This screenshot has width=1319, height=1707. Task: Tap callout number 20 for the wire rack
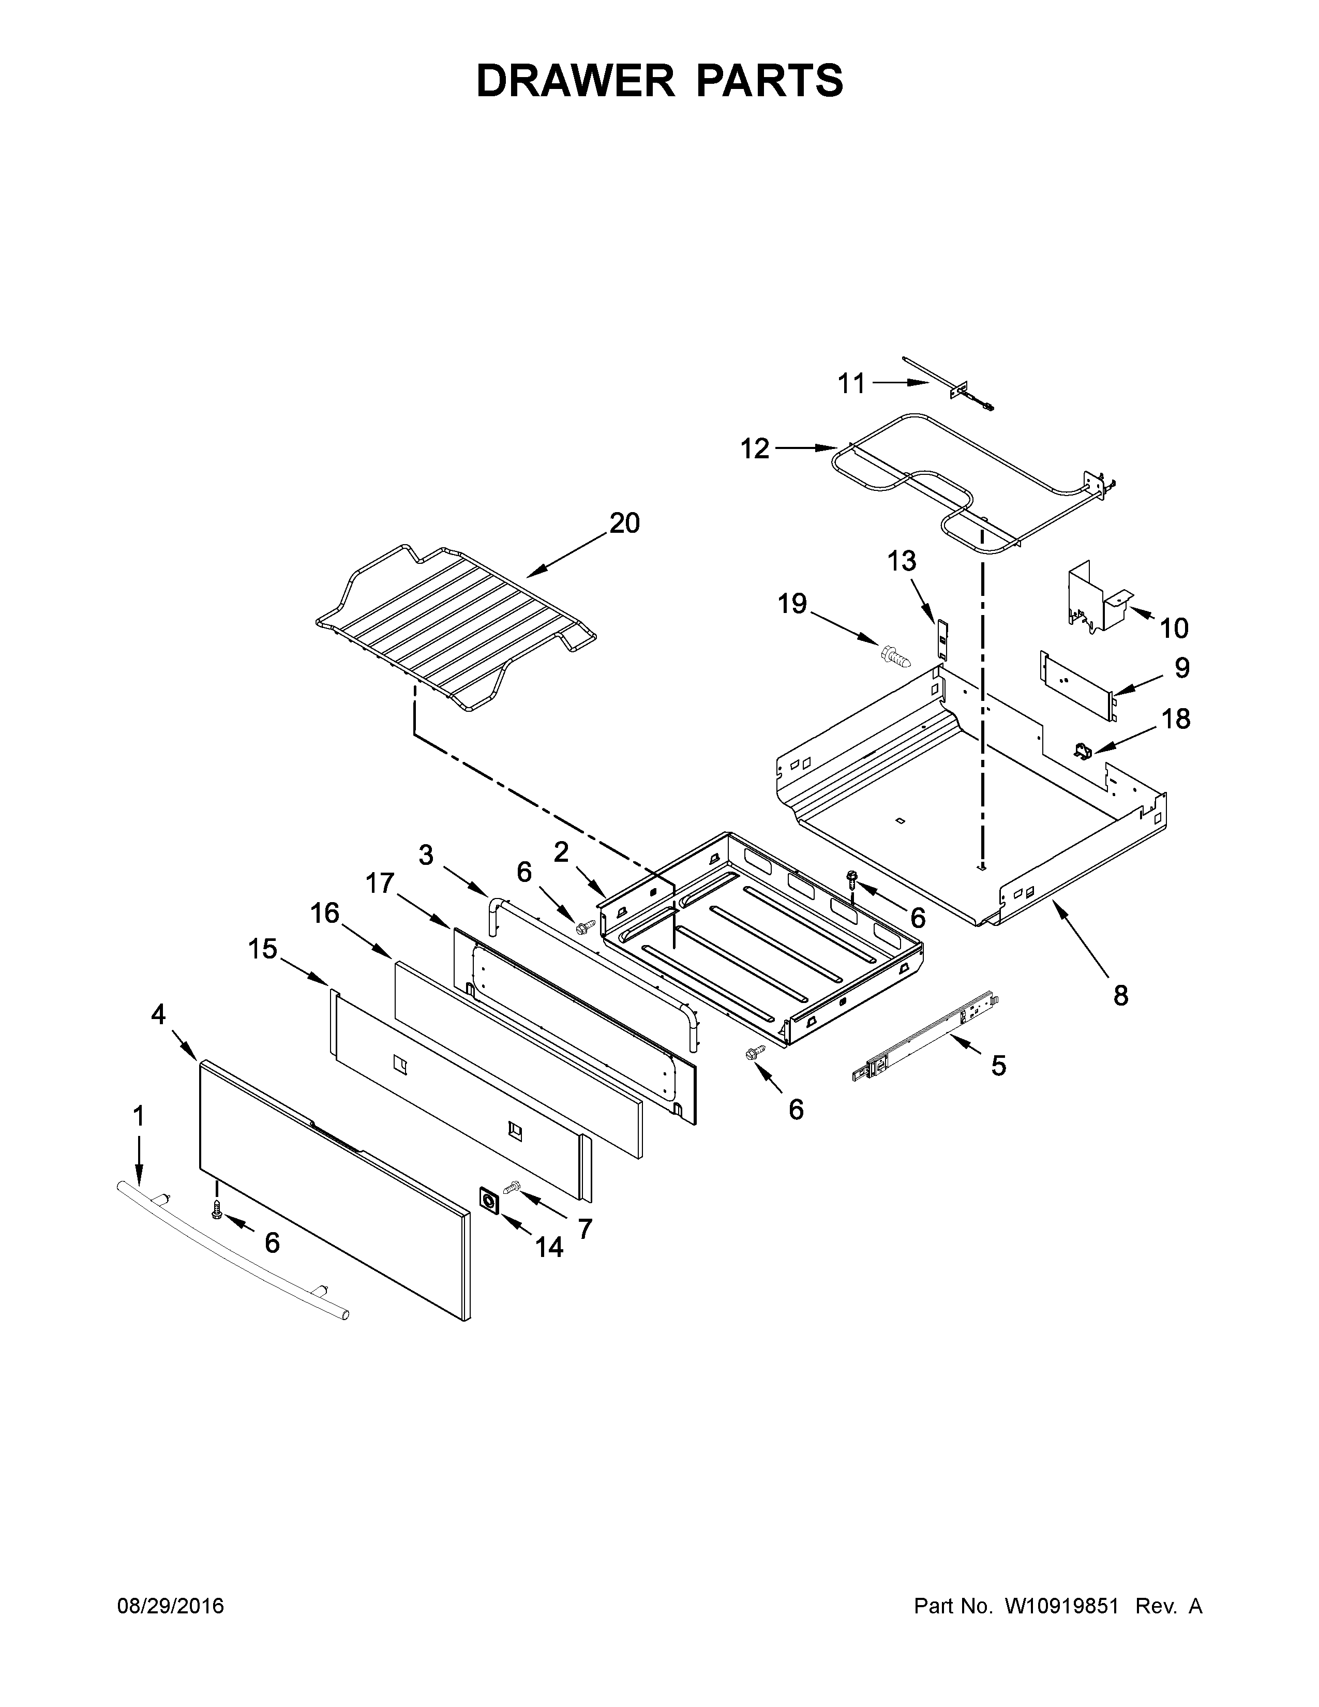click(x=624, y=523)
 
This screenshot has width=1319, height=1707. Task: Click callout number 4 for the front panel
click(x=159, y=1015)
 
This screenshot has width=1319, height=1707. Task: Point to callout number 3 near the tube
click(x=426, y=855)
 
